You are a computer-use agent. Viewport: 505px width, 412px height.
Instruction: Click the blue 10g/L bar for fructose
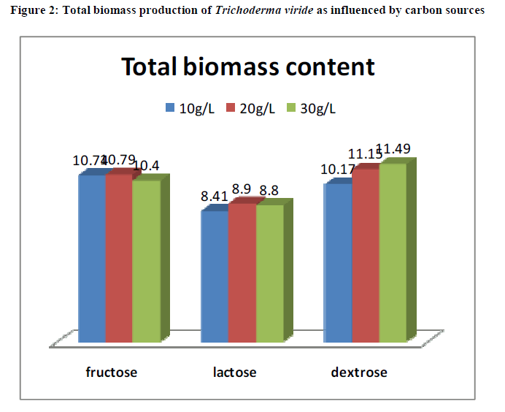[x=92, y=259]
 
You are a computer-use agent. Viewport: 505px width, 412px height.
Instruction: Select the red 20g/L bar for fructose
[x=119, y=259]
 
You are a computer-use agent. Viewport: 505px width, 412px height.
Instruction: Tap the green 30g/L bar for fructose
[x=146, y=262]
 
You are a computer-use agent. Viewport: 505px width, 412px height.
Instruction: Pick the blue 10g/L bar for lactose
[x=215, y=278]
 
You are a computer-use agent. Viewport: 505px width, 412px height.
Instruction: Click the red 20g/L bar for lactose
[x=242, y=274]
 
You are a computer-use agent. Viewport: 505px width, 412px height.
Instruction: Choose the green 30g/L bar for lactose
[x=269, y=275]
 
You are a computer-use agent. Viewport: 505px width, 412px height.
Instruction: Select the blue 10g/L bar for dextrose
[x=338, y=264]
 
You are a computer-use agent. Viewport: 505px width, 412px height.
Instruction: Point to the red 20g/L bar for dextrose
[x=365, y=256]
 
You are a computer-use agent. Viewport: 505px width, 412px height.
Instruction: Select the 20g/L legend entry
[x=250, y=108]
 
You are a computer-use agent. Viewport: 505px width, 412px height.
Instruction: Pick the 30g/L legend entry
[x=312, y=108]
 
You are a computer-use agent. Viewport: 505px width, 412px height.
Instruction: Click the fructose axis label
[x=112, y=373]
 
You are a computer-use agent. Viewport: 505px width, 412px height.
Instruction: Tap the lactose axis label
[x=235, y=373]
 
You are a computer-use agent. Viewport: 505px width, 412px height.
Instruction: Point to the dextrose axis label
[x=359, y=373]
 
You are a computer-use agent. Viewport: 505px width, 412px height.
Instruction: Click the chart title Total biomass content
[x=248, y=67]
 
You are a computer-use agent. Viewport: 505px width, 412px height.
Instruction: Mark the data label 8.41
[x=215, y=195]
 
